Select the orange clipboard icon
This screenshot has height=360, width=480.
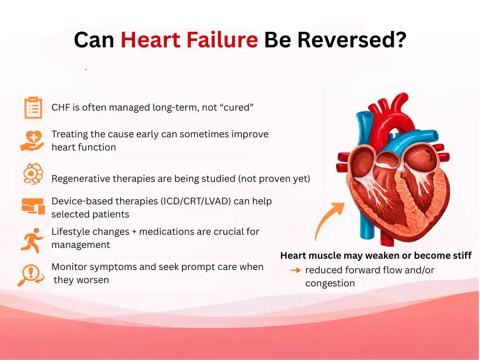coord(33,107)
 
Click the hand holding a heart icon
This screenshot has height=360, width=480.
coord(32,140)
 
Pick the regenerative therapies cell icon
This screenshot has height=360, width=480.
coord(33,174)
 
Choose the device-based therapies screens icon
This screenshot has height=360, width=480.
coord(33,206)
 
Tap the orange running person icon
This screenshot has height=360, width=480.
coord(32,240)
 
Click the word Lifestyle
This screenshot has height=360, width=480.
coord(69,232)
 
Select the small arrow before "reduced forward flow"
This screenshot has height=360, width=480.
coord(295,270)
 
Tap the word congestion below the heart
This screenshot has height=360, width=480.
coord(330,283)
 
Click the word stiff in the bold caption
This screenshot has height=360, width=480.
coord(461,256)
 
